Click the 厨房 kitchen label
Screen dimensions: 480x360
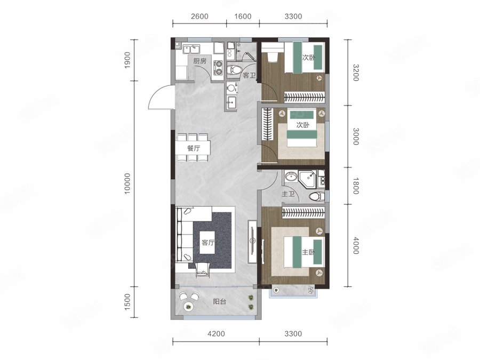[x=199, y=61]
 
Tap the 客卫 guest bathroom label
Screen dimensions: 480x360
[x=249, y=75]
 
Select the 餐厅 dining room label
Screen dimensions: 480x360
[x=194, y=148]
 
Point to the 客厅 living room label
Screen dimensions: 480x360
[x=208, y=243]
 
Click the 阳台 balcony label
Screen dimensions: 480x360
[x=220, y=301]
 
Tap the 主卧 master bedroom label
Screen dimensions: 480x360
[x=308, y=252]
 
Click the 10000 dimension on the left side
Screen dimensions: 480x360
[x=127, y=183]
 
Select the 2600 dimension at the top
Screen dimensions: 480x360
[x=199, y=16]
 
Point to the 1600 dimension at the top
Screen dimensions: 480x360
[x=243, y=16]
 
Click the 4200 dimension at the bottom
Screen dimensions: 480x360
[x=216, y=334]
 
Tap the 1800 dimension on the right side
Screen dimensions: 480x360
[x=355, y=186]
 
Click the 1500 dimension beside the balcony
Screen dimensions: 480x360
[x=127, y=302]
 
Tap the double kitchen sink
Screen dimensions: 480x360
[x=191, y=49]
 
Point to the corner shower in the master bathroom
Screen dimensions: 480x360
[x=308, y=179]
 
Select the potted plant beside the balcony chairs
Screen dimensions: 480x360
[x=187, y=307]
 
